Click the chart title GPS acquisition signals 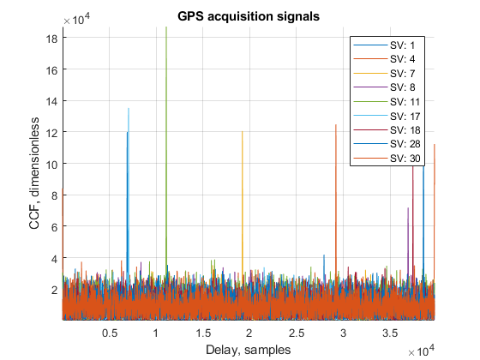tap(249, 16)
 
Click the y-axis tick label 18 tap(51, 39)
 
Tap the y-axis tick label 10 tap(51, 165)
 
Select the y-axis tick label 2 tap(55, 290)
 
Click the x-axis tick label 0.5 tap(110, 333)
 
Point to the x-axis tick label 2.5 tap(297, 333)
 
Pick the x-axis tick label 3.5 tap(390, 333)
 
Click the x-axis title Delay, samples tap(249, 350)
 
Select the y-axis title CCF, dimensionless tap(34, 173)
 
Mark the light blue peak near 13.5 tap(129, 189)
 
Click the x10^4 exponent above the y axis tap(77, 19)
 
